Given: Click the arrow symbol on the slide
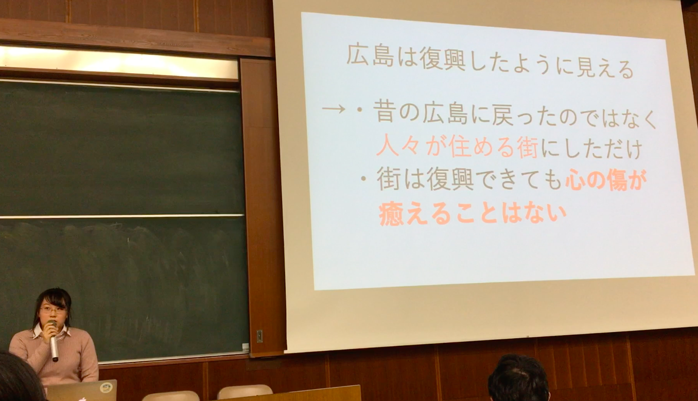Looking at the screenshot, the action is coord(334,108).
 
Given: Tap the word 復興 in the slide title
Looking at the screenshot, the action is coord(442,59).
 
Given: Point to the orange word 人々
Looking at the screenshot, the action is coord(399,145).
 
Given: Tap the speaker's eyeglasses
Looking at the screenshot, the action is coord(53,310).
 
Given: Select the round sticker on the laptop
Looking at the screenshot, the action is coord(106,388).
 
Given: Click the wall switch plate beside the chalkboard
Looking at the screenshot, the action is coord(259,336).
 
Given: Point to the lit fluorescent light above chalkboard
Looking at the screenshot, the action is coord(118,62).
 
